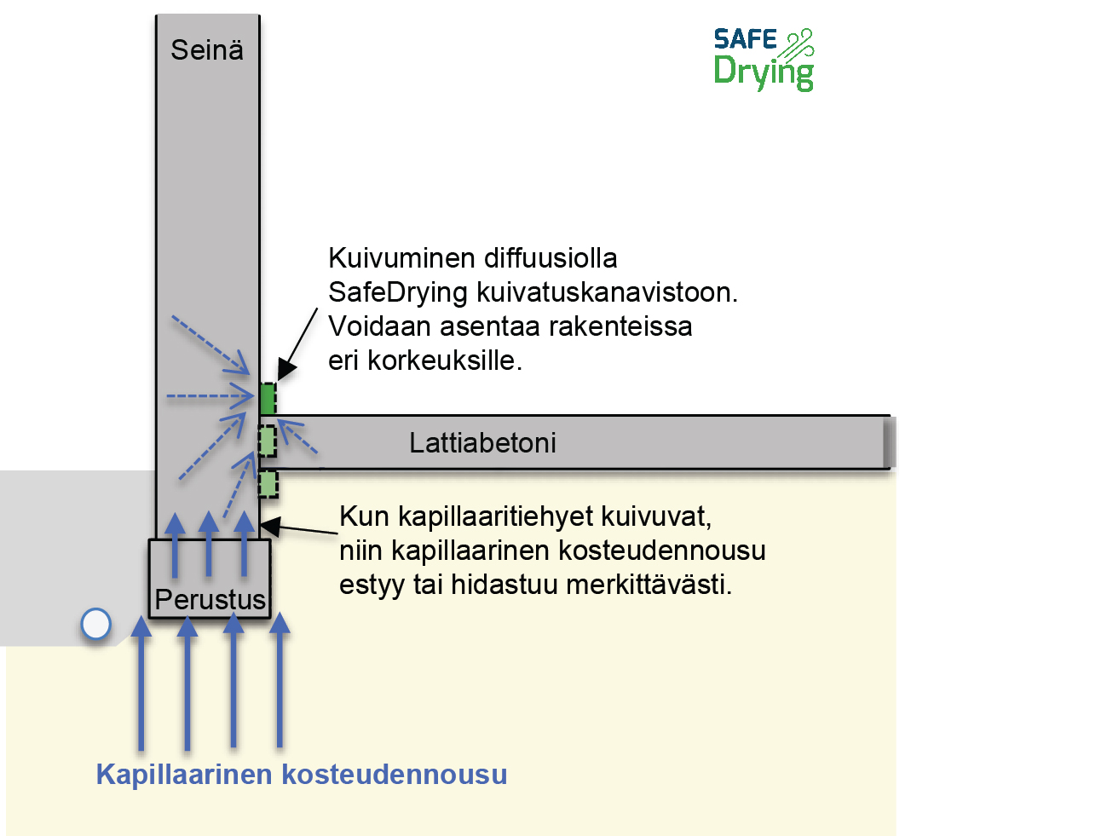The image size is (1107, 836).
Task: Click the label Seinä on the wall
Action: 207,50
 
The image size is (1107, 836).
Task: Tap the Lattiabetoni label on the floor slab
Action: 482,443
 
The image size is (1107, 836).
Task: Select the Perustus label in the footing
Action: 210,599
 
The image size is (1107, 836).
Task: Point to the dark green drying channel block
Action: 268,399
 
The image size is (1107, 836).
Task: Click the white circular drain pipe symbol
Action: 96,625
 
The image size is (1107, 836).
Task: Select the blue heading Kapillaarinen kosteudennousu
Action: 302,775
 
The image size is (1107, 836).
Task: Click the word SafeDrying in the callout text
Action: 398,292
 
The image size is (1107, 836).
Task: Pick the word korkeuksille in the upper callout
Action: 444,360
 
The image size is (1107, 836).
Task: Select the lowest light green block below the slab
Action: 268,484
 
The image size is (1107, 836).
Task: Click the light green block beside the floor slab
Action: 268,441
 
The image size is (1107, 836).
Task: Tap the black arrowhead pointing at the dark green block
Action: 286,370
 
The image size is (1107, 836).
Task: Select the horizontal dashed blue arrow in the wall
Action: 210,396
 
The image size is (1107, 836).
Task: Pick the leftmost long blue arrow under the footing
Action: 141,682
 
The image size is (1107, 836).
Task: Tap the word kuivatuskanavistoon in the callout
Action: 607,292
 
